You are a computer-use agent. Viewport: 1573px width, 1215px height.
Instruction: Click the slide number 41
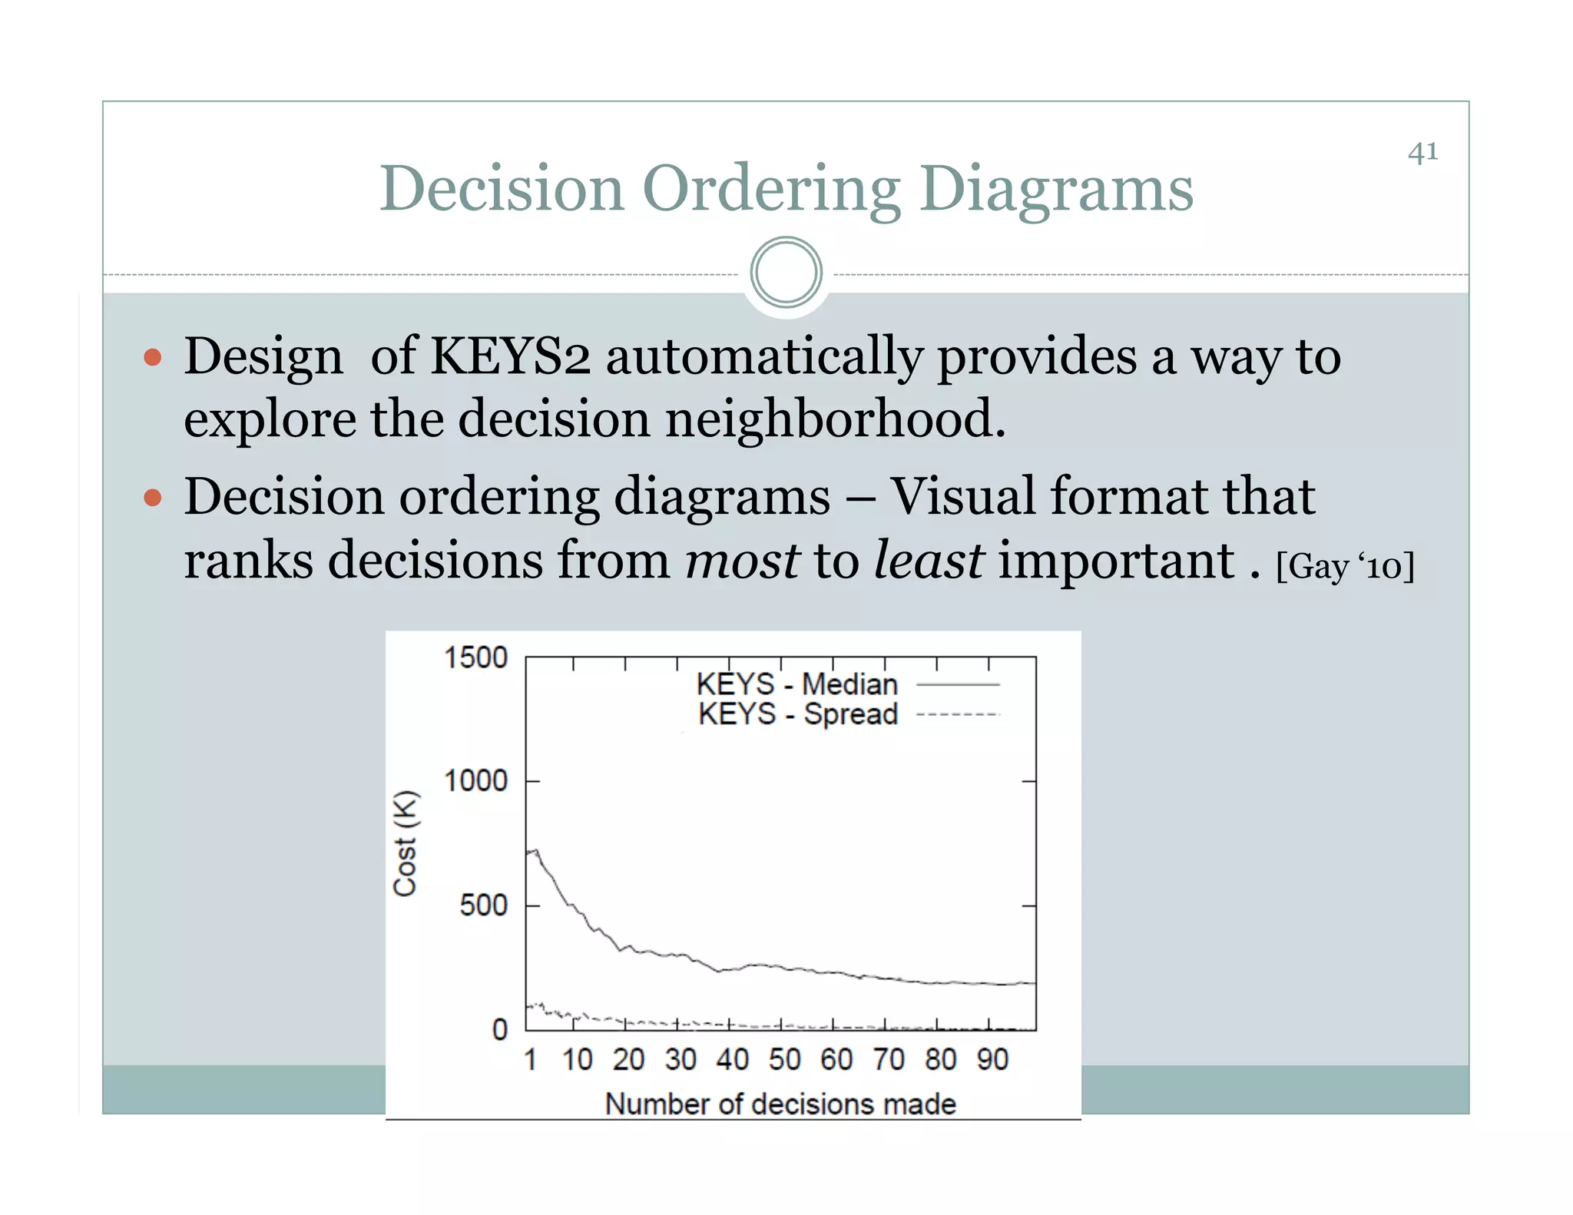click(1422, 152)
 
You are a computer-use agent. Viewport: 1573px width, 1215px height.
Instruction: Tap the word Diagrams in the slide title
click(1056, 189)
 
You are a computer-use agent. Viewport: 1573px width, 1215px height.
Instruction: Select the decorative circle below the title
click(786, 273)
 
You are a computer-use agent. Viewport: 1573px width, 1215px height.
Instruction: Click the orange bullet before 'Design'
click(153, 357)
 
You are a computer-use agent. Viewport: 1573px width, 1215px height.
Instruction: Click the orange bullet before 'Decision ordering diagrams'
click(153, 498)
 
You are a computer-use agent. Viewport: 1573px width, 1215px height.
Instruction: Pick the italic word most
click(742, 560)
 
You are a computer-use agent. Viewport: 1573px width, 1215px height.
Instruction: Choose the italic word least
click(929, 560)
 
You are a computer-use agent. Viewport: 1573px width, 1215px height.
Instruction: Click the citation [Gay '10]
click(1345, 567)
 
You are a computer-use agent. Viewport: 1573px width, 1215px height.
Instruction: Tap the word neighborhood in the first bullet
click(835, 419)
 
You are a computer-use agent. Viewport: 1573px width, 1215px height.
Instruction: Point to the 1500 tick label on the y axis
click(476, 657)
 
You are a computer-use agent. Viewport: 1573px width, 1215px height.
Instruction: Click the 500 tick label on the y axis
click(484, 905)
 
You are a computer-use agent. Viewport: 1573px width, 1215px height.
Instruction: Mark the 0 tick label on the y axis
click(500, 1029)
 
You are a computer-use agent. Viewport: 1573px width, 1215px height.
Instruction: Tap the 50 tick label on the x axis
click(784, 1060)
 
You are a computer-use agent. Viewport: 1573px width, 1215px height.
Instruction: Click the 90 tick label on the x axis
click(992, 1060)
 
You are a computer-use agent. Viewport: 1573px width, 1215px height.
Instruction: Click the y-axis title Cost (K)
click(405, 843)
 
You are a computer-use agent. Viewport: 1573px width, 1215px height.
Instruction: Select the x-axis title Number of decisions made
click(780, 1104)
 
